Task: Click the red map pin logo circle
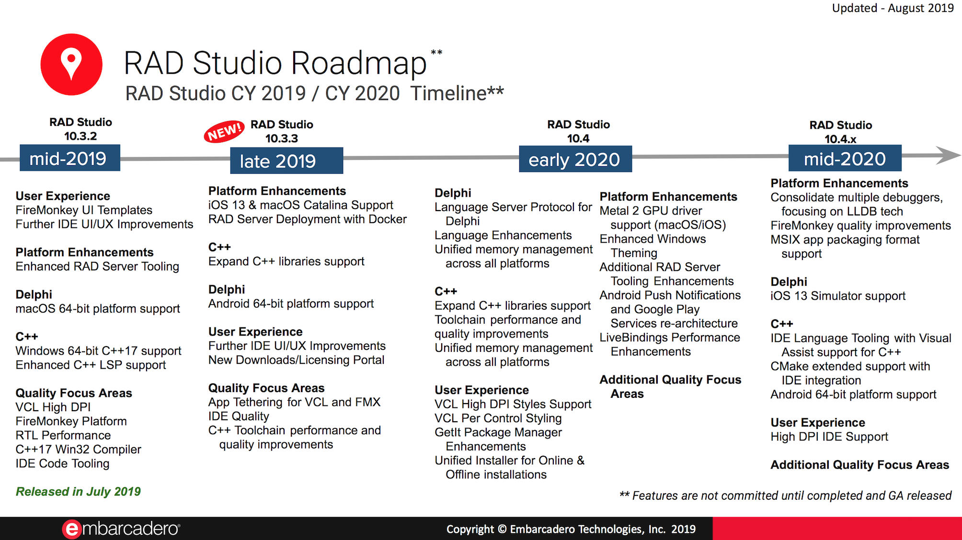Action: tap(71, 64)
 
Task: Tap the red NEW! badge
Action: tap(224, 132)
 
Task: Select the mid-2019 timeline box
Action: tap(69, 158)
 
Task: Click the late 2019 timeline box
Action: tap(286, 161)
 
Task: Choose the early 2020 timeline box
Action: tap(575, 159)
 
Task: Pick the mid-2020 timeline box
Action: tap(845, 158)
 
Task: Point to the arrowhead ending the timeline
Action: tap(948, 155)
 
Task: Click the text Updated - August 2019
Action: tap(893, 8)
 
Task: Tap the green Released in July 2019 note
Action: tap(78, 492)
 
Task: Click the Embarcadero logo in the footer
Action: tap(121, 529)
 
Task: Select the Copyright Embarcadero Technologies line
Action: tap(571, 529)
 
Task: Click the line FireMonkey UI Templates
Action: tap(84, 210)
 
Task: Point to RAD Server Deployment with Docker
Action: tap(307, 219)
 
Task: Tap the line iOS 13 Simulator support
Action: tap(837, 296)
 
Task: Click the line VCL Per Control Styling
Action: tap(498, 418)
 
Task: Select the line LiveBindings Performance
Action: tap(669, 337)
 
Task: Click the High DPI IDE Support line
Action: tap(829, 437)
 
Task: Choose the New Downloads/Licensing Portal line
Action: tap(296, 360)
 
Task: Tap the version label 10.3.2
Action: tap(80, 136)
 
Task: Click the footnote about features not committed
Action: tap(785, 495)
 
